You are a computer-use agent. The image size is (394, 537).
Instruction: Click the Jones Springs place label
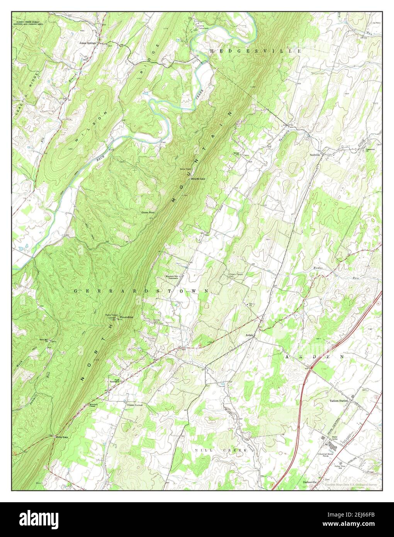pyautogui.click(x=88, y=43)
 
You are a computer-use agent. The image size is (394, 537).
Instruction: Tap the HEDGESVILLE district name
pyautogui.click(x=255, y=51)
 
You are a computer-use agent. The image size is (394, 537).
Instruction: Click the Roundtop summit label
pyautogui.click(x=126, y=317)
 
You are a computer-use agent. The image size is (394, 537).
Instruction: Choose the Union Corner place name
pyautogui.click(x=135, y=405)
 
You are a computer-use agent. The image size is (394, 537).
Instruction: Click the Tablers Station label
pyautogui.click(x=339, y=401)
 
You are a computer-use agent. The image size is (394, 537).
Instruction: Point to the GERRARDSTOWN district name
pyautogui.click(x=141, y=291)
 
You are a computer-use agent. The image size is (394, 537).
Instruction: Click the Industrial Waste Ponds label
pyautogui.click(x=325, y=455)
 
